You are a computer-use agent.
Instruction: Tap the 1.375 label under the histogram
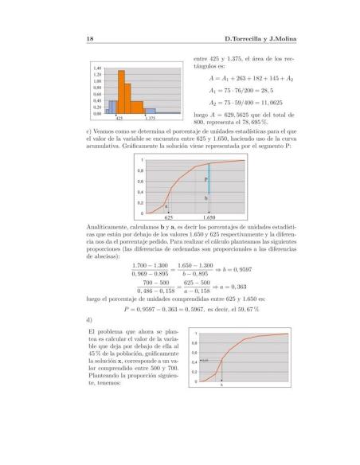[151, 119]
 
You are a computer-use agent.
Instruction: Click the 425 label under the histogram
[119, 119]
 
